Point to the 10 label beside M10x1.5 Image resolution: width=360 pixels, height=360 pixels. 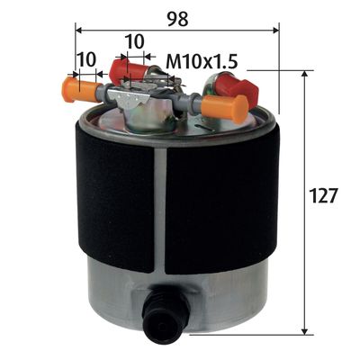(133, 41)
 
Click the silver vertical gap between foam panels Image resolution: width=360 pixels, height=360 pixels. (160, 207)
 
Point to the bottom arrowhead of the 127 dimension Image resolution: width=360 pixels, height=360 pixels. (307, 328)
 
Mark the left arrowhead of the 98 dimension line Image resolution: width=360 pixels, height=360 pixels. (76, 30)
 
